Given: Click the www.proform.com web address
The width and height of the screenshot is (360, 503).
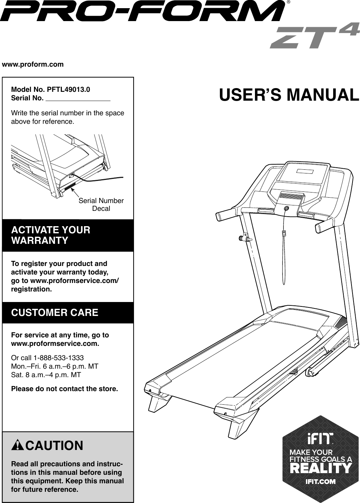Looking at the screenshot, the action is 33,64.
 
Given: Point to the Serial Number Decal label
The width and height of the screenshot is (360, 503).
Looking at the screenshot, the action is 101,204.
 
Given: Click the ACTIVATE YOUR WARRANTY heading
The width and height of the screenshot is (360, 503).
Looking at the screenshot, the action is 51,235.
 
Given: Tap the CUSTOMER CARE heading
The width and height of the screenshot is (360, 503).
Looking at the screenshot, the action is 55,313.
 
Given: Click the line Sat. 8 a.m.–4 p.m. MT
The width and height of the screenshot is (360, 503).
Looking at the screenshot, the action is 46,375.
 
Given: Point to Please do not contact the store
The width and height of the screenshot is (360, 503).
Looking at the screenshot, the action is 65,388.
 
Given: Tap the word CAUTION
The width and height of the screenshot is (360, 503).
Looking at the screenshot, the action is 54,446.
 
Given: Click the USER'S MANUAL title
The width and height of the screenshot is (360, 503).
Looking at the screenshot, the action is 289,95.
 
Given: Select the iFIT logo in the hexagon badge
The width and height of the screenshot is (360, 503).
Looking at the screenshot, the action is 320,438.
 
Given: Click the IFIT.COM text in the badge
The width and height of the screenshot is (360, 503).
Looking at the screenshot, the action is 321,482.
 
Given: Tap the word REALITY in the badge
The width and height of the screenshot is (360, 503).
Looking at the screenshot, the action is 320,468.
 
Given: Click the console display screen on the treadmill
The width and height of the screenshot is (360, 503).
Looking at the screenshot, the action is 304,171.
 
